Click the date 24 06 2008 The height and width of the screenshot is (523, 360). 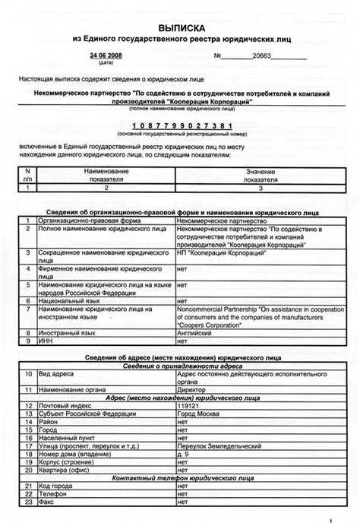pos(105,55)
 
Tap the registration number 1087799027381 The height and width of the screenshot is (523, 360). pos(180,126)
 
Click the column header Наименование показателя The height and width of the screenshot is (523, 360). pos(106,175)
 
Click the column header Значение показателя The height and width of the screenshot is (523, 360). pos(261,175)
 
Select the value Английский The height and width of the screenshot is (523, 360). pos(194,332)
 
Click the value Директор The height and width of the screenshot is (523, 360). pos(191,388)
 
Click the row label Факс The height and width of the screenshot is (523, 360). pos(46,502)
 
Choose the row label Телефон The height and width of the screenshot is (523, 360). pos(51,494)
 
